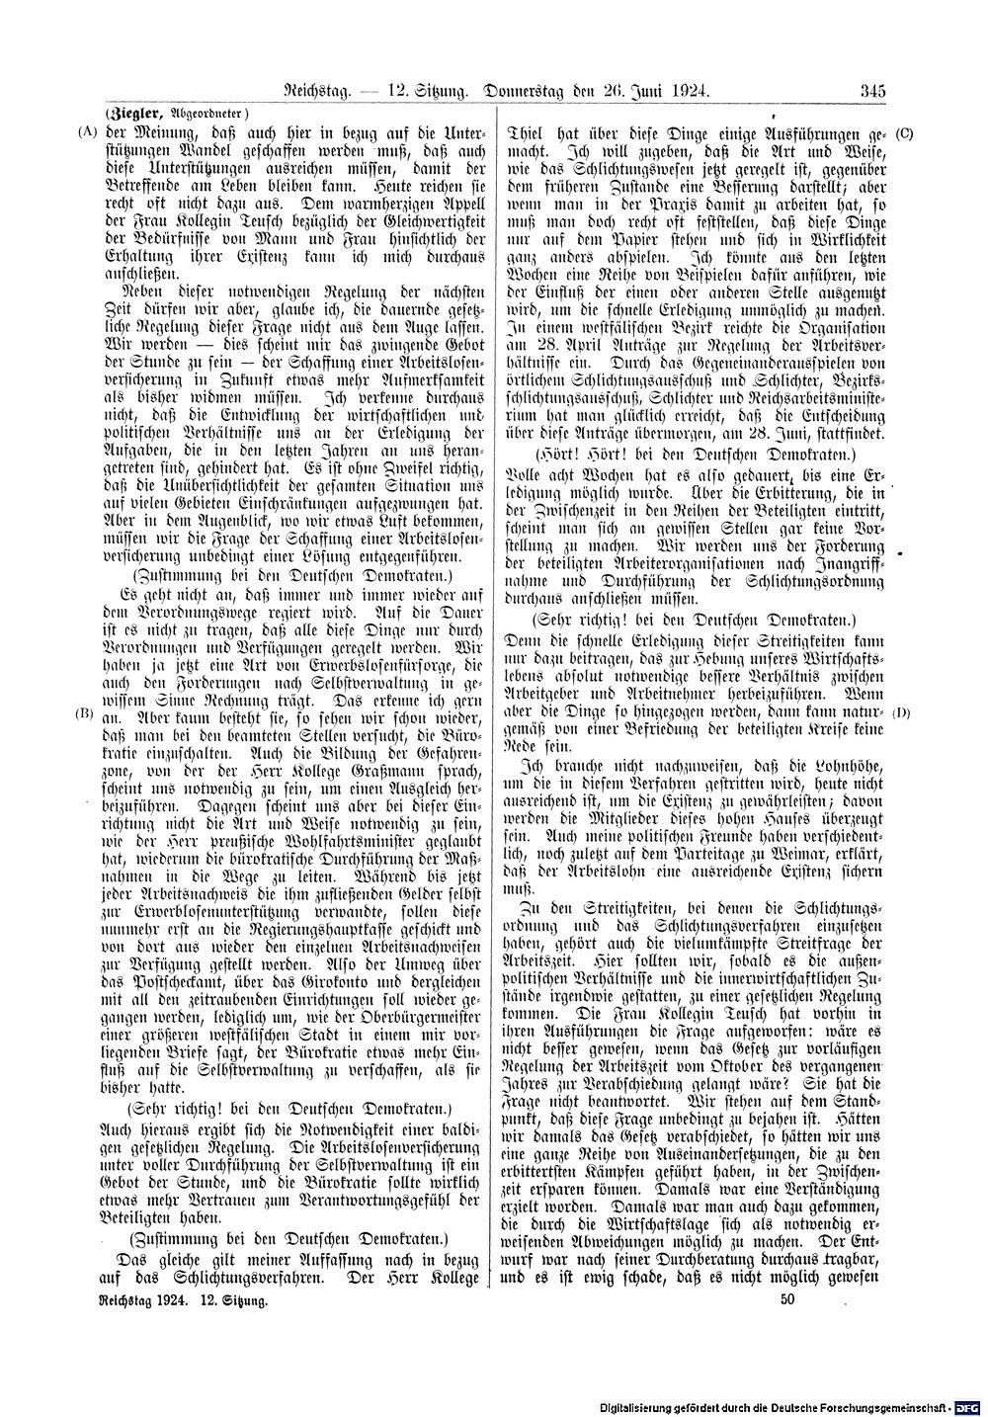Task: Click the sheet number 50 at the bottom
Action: pos(786,1301)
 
